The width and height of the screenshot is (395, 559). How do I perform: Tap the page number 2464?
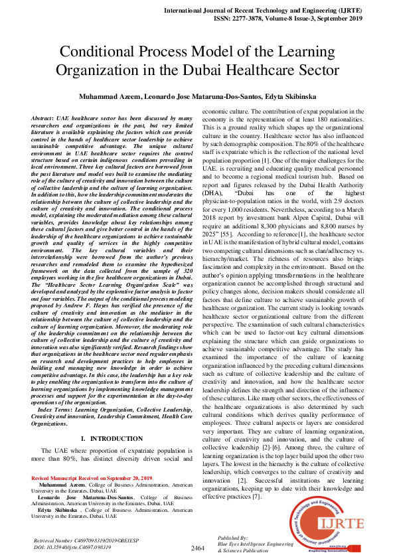point(197,548)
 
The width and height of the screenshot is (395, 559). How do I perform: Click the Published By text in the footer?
point(232,537)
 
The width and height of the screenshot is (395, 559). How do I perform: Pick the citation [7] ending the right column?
point(256,495)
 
